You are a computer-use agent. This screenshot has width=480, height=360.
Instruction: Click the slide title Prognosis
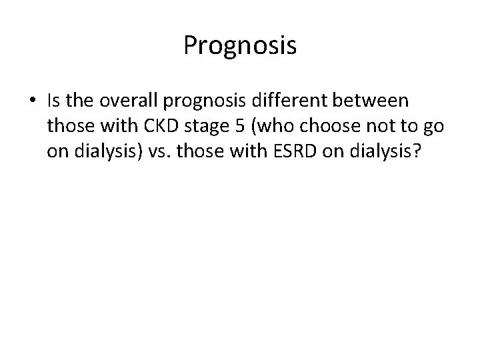coord(240,46)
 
